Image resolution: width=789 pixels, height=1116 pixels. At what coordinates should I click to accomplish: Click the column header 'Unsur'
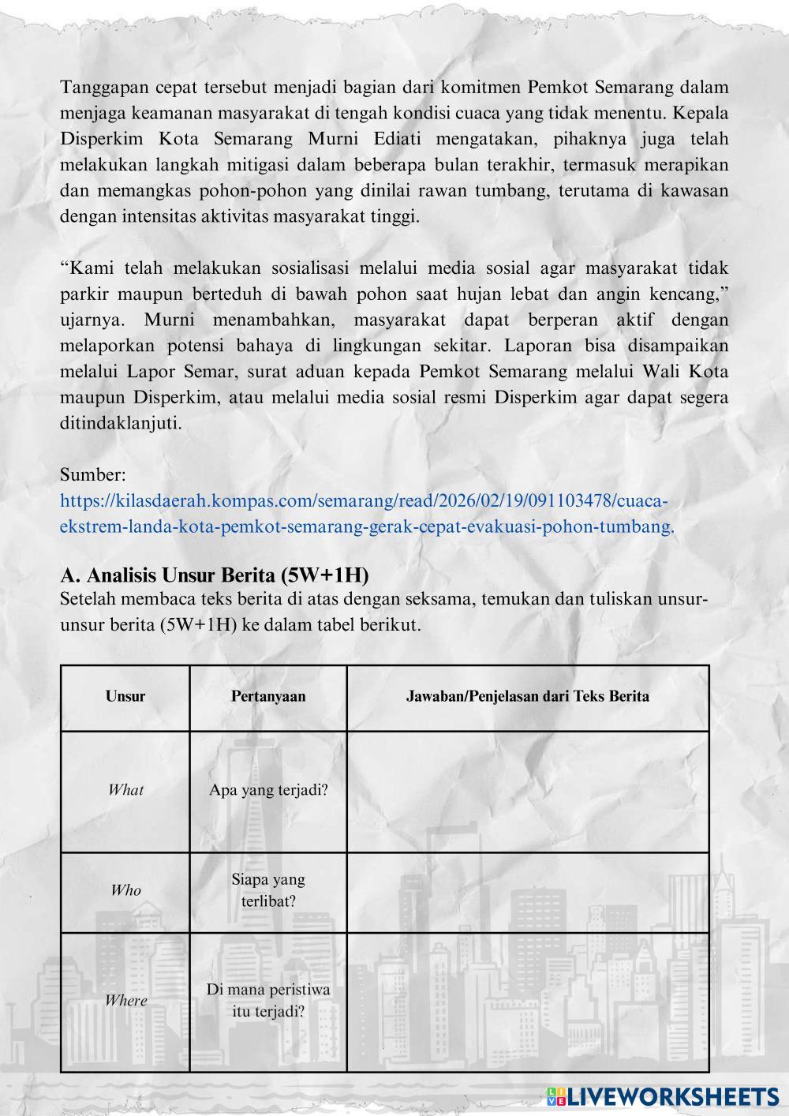coord(125,696)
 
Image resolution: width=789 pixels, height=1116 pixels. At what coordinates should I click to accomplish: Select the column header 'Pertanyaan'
coord(268,696)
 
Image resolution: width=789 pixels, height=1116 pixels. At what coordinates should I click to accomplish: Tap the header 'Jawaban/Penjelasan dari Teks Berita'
coord(527,696)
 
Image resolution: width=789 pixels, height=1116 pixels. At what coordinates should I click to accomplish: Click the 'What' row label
coord(125,790)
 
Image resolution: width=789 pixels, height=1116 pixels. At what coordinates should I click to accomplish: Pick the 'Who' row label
coord(125,890)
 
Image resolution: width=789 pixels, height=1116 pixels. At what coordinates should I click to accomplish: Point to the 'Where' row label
coord(125,1001)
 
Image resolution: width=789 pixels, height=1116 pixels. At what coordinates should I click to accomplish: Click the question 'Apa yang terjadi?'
coord(268,790)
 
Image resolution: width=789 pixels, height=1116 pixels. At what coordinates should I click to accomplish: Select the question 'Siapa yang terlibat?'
coord(268,889)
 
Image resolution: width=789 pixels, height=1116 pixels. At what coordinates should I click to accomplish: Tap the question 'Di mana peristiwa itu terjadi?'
coord(268,1000)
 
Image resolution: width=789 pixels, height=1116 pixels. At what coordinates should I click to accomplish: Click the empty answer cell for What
coord(527,791)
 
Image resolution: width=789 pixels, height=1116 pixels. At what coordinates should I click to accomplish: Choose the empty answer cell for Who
coord(527,892)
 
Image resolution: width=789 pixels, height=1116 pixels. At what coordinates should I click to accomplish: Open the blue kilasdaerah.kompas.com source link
coord(367,514)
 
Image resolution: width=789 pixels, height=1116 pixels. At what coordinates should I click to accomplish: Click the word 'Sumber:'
coord(93,475)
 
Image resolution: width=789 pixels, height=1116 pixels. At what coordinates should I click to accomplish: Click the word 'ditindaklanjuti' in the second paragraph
coord(121,423)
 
